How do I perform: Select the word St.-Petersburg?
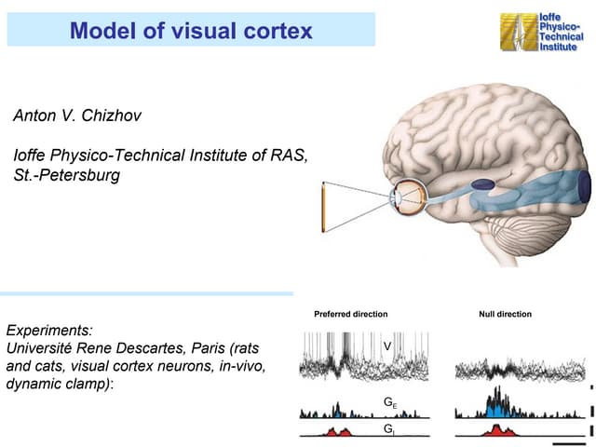pyautogui.click(x=67, y=174)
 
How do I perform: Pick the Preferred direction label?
pyautogui.click(x=351, y=314)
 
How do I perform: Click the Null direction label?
pyautogui.click(x=506, y=314)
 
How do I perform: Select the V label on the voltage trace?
pyautogui.click(x=386, y=346)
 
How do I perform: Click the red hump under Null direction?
pyautogui.click(x=504, y=430)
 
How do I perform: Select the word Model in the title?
pyautogui.click(x=102, y=31)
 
